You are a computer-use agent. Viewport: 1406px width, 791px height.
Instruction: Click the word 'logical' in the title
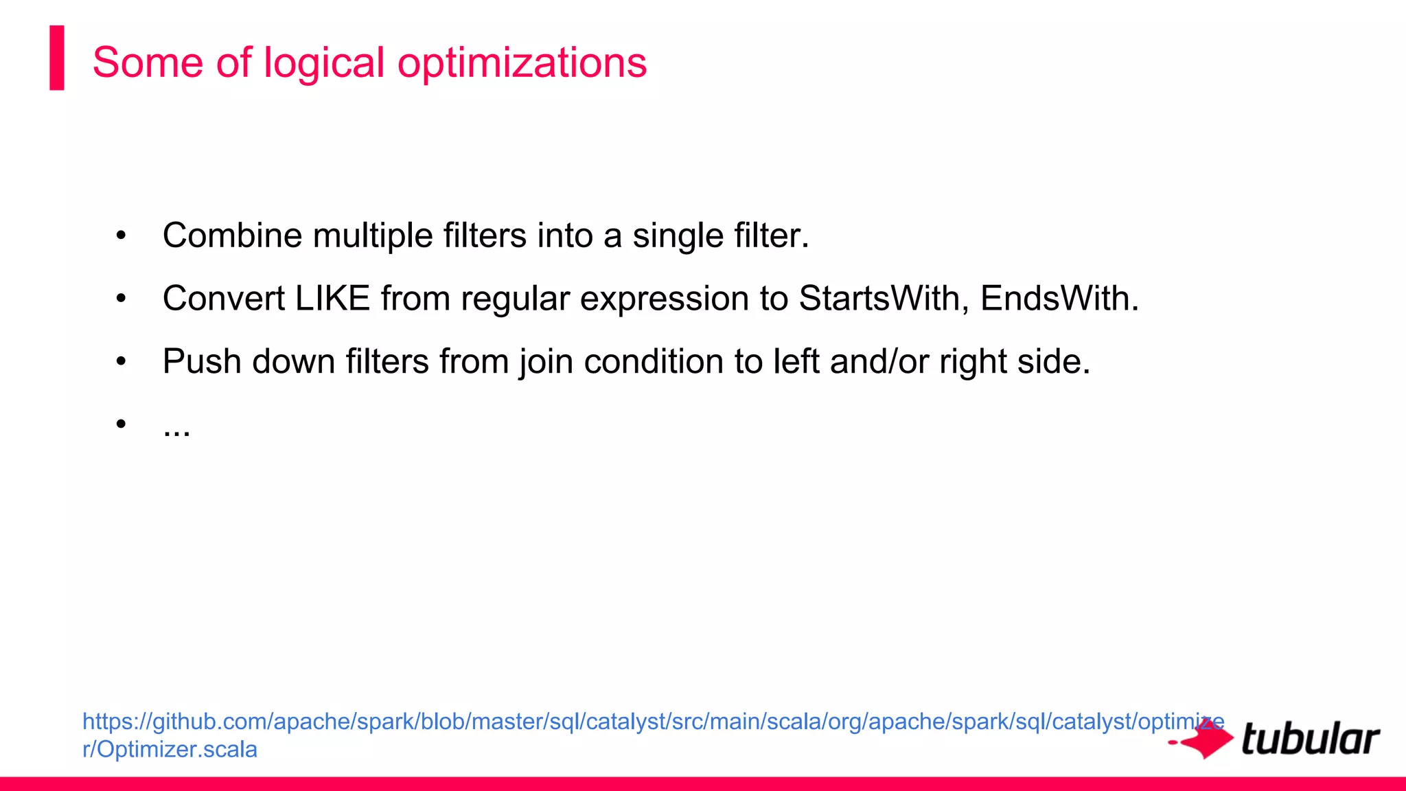pyautogui.click(x=323, y=63)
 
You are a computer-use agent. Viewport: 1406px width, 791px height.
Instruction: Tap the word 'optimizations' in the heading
pyautogui.click(x=522, y=63)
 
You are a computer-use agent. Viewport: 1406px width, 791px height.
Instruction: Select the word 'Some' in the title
pyautogui.click(x=148, y=63)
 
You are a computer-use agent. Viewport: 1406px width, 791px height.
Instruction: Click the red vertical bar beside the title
pyautogui.click(x=57, y=58)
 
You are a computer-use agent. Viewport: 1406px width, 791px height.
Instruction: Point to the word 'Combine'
pyautogui.click(x=232, y=236)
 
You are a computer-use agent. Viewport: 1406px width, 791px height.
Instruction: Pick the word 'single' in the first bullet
pyautogui.click(x=678, y=236)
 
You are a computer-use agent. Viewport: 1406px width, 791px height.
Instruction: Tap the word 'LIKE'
pyautogui.click(x=332, y=299)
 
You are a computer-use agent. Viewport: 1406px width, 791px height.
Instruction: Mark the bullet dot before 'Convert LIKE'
pyautogui.click(x=122, y=299)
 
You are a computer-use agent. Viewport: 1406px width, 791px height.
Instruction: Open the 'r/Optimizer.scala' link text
pyautogui.click(x=170, y=749)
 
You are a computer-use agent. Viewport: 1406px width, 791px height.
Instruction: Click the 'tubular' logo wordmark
pyautogui.click(x=1311, y=740)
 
